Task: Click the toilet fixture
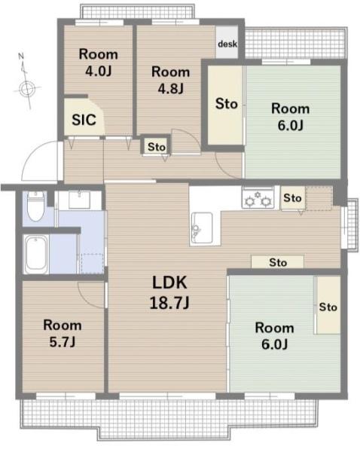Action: pos(35,206)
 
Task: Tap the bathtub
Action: pos(35,254)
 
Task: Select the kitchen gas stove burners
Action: pos(258,197)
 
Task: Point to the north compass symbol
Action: pos(26,82)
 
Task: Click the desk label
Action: pos(227,44)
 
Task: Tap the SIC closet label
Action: pos(84,120)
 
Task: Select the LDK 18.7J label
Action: pos(169,292)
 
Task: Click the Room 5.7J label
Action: pos(63,334)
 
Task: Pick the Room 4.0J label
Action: pos(99,63)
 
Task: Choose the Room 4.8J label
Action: pos(170,80)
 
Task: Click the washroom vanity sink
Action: pos(79,200)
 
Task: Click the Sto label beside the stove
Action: pos(292,197)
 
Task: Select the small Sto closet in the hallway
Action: pos(157,147)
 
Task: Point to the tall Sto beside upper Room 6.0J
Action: pos(226,105)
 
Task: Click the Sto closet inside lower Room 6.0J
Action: pos(328,305)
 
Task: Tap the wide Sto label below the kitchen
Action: pos(278,262)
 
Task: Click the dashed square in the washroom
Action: pos(93,264)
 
